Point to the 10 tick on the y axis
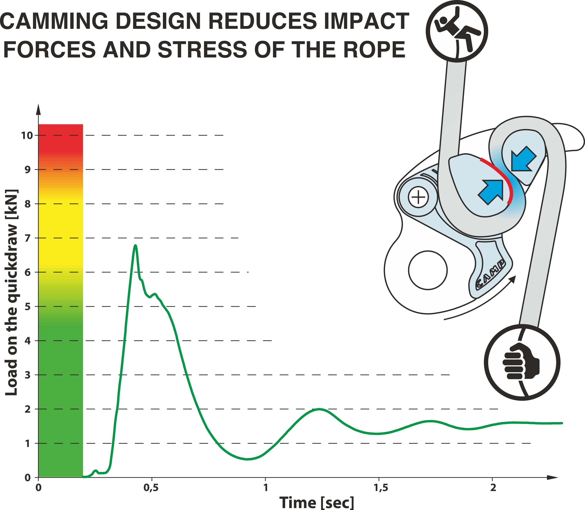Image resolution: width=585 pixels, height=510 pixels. (x=28, y=135)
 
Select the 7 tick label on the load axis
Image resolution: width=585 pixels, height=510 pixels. (x=28, y=238)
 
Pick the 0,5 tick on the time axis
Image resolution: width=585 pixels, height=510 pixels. (x=152, y=488)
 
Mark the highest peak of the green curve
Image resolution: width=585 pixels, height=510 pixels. (x=136, y=245)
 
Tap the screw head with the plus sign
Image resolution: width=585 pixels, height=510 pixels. (x=418, y=197)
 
